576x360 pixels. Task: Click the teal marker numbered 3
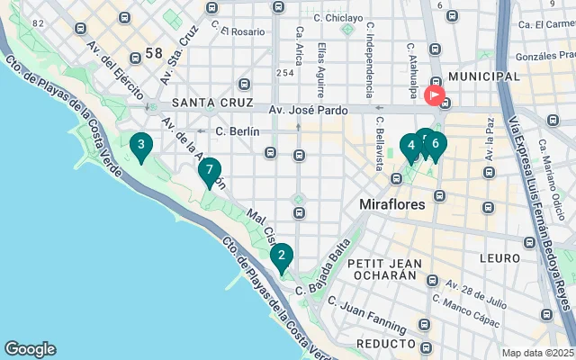pos(139,146)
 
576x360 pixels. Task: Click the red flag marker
pos(435,94)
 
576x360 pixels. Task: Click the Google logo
pos(30,349)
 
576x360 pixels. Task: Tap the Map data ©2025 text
pos(537,353)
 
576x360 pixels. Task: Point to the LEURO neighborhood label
pos(499,257)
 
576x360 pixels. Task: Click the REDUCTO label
pos(385,345)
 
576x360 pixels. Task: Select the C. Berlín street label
pos(238,131)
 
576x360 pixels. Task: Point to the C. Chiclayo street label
pos(338,17)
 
